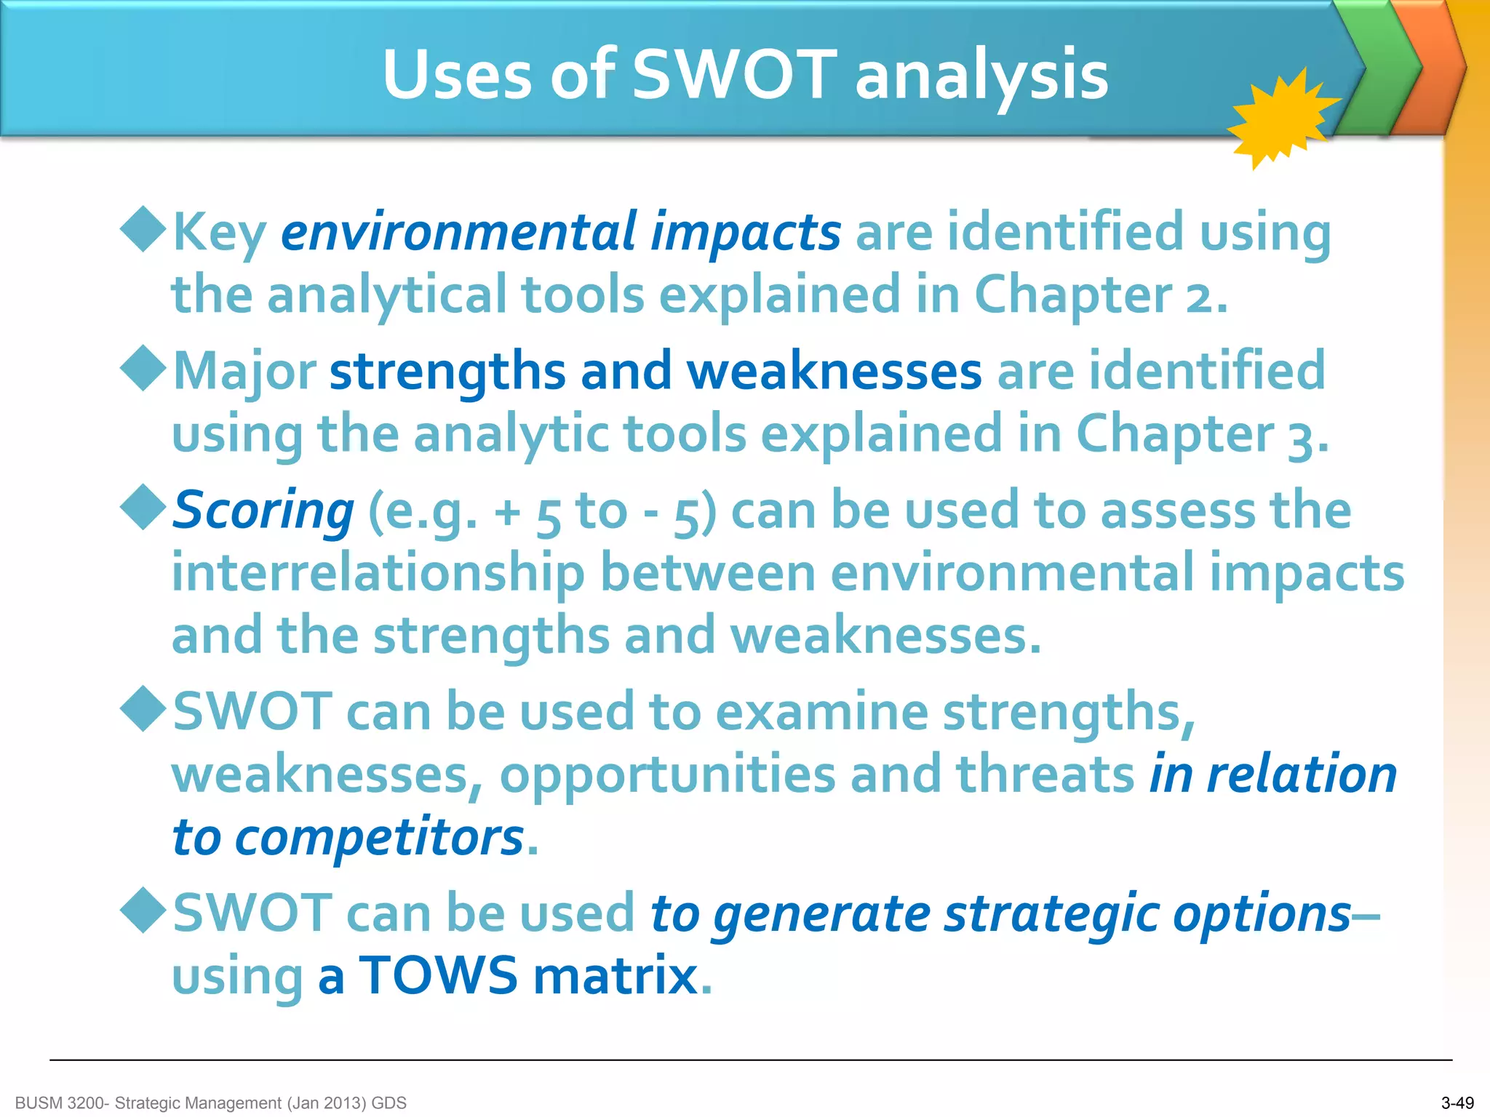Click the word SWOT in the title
(735, 75)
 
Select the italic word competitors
(379, 838)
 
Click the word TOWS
(439, 976)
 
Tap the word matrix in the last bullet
(615, 976)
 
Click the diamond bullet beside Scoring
(144, 507)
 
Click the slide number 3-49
(1457, 1103)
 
